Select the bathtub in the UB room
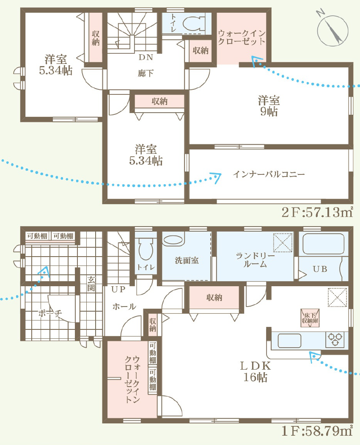(324, 244)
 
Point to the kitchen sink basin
(289, 340)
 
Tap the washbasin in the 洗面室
(173, 239)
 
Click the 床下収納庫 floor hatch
(310, 318)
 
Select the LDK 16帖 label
(256, 371)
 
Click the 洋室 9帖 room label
(269, 106)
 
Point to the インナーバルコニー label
(269, 174)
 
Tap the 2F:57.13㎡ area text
(317, 212)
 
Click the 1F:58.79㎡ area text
(317, 431)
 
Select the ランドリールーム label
(256, 260)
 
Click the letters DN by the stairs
(146, 57)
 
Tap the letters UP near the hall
(118, 289)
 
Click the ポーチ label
(50, 313)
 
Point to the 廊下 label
(146, 73)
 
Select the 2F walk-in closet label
(242, 37)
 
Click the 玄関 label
(91, 284)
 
